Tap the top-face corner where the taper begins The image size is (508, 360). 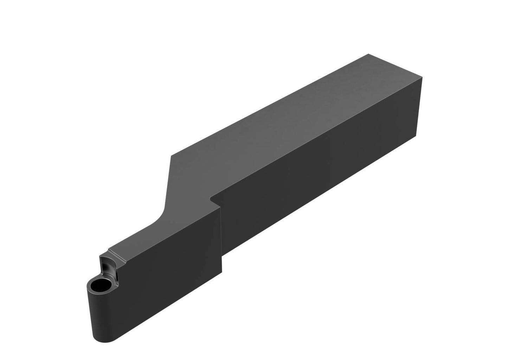coord(171,156)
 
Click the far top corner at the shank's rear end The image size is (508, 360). coord(368,54)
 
